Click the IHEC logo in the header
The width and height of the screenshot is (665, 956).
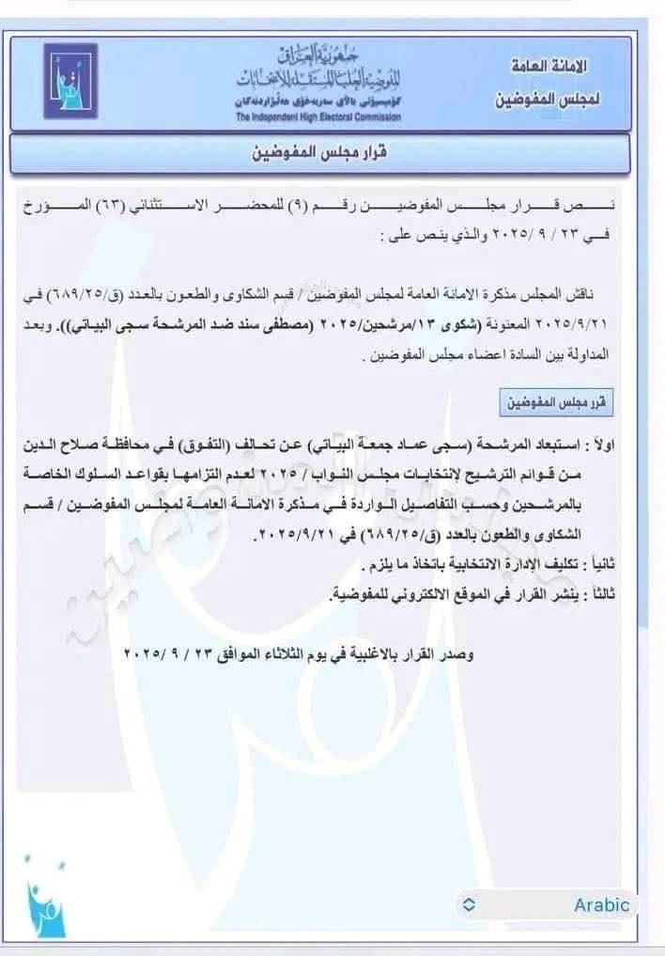point(69,82)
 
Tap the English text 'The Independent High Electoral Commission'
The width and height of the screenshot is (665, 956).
point(317,118)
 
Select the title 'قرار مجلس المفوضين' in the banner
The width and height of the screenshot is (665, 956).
point(332,153)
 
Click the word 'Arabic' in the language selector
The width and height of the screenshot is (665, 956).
point(602,905)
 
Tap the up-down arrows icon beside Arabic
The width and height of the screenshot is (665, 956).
point(470,905)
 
